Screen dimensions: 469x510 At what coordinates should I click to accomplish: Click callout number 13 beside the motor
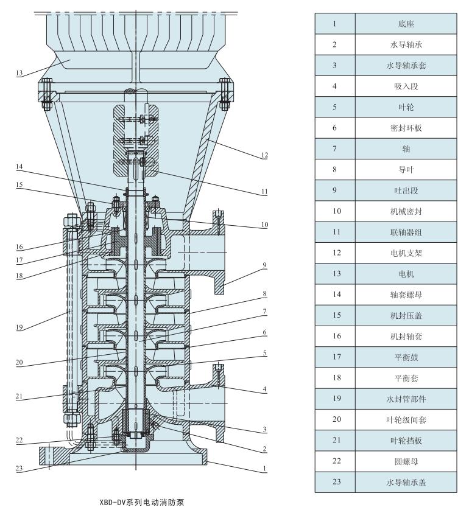pyautogui.click(x=19, y=73)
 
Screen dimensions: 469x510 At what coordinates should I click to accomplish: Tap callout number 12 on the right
pyautogui.click(x=264, y=155)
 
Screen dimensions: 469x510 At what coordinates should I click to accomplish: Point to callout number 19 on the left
pyautogui.click(x=19, y=327)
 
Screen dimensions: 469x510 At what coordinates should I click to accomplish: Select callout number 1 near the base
pyautogui.click(x=264, y=469)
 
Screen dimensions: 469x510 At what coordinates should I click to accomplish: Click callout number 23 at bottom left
pyautogui.click(x=19, y=469)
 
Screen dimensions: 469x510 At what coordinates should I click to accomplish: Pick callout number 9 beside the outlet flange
pyautogui.click(x=264, y=265)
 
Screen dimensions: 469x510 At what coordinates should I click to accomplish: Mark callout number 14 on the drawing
pyautogui.click(x=19, y=167)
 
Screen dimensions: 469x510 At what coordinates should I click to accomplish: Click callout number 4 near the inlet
pyautogui.click(x=264, y=389)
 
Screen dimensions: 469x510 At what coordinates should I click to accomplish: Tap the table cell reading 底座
pyautogui.click(x=406, y=24)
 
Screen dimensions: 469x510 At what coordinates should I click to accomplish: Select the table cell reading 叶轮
pyautogui.click(x=406, y=107)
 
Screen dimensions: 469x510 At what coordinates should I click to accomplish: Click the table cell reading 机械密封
pyautogui.click(x=406, y=211)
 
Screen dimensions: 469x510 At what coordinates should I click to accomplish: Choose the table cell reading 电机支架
pyautogui.click(x=406, y=253)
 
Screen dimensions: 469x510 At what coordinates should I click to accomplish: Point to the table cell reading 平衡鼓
pyautogui.click(x=406, y=357)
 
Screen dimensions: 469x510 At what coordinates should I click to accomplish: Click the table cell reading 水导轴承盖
pyautogui.click(x=406, y=482)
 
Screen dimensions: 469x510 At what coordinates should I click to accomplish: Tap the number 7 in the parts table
pyautogui.click(x=334, y=148)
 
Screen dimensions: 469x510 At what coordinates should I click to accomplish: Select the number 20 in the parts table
pyautogui.click(x=337, y=419)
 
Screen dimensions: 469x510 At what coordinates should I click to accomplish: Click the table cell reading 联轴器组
pyautogui.click(x=406, y=232)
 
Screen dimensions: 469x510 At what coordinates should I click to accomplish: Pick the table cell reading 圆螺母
pyautogui.click(x=406, y=461)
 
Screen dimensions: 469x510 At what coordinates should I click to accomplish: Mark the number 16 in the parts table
pyautogui.click(x=337, y=336)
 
